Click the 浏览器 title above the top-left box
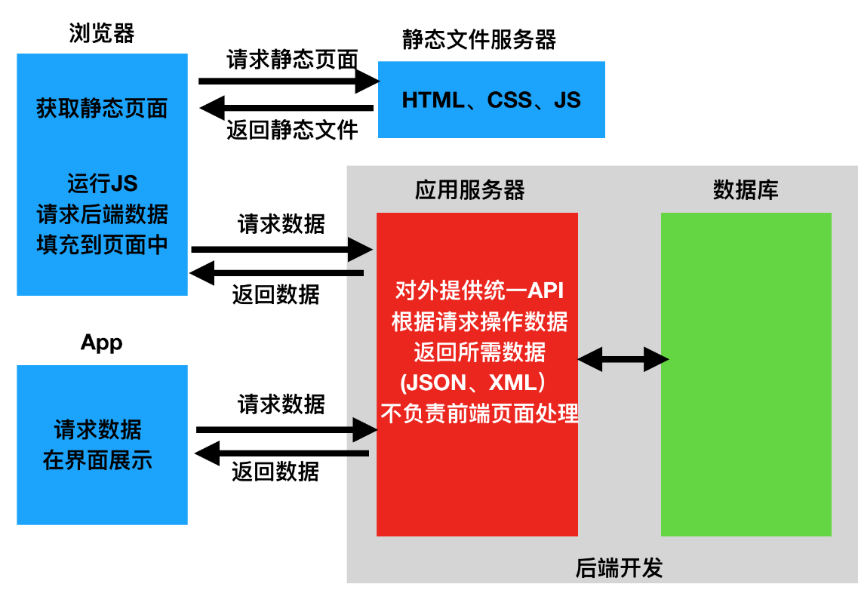(x=101, y=33)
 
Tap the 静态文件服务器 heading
(x=479, y=39)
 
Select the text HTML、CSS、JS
(x=491, y=100)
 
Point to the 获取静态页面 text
(x=102, y=109)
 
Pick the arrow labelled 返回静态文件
(x=287, y=109)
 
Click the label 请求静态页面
(x=292, y=60)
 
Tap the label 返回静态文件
(x=292, y=131)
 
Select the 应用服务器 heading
(x=469, y=189)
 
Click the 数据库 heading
(x=745, y=189)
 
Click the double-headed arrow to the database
(x=623, y=359)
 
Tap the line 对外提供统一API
(x=479, y=291)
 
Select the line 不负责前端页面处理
(x=479, y=413)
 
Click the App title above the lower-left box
(x=101, y=343)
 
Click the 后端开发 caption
(x=619, y=567)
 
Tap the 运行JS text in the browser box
(x=102, y=183)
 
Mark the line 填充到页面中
(x=102, y=245)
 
